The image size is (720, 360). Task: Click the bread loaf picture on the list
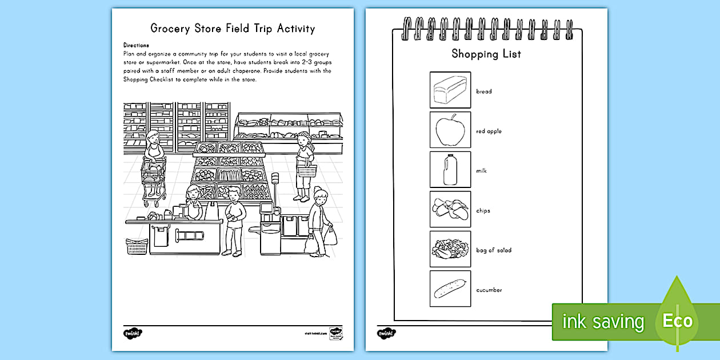[450, 90]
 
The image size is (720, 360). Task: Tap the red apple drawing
[450, 130]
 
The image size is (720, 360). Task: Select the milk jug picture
[450, 170]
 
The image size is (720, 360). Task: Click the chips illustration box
[450, 210]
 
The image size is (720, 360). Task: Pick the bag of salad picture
[450, 249]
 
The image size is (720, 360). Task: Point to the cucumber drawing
[450, 289]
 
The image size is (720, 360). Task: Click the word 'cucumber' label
[489, 290]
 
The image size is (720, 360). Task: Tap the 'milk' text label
[481, 171]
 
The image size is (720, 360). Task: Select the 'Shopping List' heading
[486, 54]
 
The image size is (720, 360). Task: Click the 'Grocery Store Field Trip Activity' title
[232, 29]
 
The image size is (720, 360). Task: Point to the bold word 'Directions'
[136, 45]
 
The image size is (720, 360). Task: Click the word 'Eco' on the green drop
[677, 321]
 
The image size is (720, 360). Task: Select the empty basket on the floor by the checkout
[137, 246]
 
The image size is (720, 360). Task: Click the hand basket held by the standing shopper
[307, 170]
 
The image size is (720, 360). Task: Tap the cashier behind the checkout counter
[193, 205]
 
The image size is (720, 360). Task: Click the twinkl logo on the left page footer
[132, 333]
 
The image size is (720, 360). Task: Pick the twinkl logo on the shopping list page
[386, 333]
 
